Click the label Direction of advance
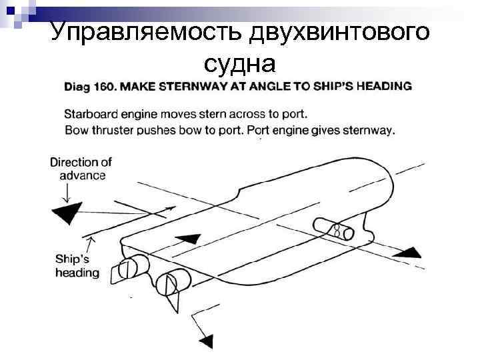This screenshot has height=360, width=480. (80, 169)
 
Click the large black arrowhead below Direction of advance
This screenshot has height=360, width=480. (67, 215)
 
